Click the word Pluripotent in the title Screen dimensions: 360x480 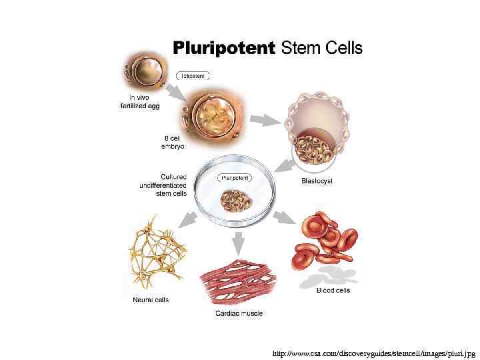(x=224, y=48)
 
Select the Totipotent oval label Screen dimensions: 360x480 (x=193, y=76)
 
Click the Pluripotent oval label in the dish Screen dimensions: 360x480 (x=235, y=178)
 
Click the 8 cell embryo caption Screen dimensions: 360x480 (x=173, y=141)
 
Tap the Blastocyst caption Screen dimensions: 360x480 (x=317, y=181)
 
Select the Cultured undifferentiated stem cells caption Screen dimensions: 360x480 (x=163, y=185)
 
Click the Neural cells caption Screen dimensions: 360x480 (x=151, y=299)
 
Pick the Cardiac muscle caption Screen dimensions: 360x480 (x=239, y=313)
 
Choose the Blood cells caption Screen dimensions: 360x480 (x=333, y=290)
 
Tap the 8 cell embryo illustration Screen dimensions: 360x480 (x=209, y=117)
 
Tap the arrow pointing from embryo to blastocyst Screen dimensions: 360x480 (x=269, y=120)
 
